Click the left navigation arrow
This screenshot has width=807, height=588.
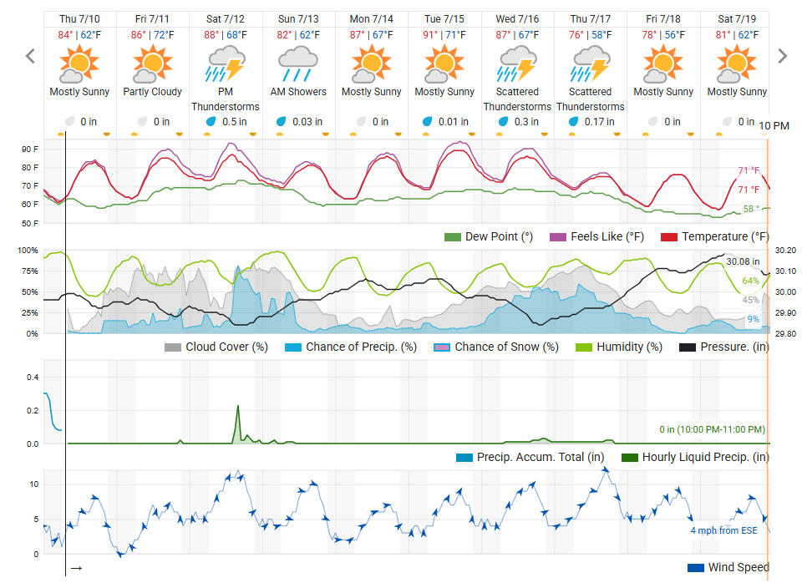(x=31, y=56)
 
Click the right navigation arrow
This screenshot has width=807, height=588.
(x=782, y=56)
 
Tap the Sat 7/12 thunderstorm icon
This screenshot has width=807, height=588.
(x=225, y=63)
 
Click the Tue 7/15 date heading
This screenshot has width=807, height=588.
(x=444, y=18)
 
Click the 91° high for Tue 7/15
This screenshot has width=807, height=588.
(x=429, y=35)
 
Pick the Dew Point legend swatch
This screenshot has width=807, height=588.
(x=453, y=237)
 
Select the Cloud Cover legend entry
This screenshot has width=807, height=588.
(x=216, y=347)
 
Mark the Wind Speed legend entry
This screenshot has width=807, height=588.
(x=728, y=567)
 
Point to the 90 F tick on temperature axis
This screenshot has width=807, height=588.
(x=30, y=150)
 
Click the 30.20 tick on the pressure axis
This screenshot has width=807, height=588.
(x=785, y=251)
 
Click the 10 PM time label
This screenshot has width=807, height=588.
(x=774, y=125)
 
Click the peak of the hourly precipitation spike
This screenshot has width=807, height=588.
(x=238, y=407)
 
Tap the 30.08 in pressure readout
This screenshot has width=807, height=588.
(x=743, y=261)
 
